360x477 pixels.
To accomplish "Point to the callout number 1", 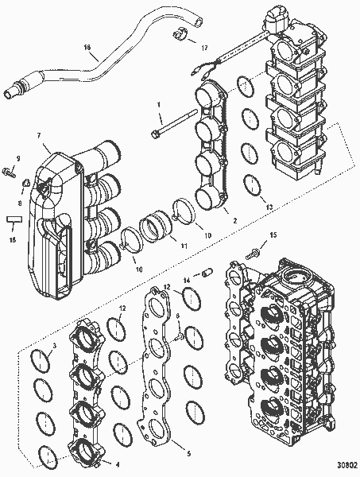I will pos(158,103).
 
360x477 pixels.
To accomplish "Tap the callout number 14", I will pos(188,280).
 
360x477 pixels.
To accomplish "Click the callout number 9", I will pos(19,158).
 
